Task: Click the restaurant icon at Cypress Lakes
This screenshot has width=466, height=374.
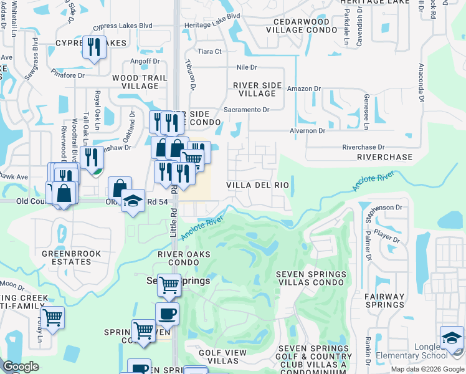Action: [x=95, y=48]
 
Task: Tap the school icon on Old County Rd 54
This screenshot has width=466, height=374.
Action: [x=133, y=201]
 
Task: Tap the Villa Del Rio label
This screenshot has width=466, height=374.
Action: [x=257, y=185]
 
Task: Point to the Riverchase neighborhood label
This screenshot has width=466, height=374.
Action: [x=384, y=158]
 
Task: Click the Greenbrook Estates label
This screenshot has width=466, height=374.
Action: [x=67, y=257]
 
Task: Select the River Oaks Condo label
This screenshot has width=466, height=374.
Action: [x=183, y=258]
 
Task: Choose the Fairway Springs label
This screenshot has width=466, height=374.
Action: [x=384, y=300]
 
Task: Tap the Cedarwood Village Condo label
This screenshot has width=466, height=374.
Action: [x=302, y=26]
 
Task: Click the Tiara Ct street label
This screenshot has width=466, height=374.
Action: [x=209, y=51]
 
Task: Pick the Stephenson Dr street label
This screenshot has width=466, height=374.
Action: [x=381, y=207]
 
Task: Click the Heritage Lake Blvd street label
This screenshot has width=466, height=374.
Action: [x=212, y=33]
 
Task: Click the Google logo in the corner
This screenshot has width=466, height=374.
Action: [x=21, y=367]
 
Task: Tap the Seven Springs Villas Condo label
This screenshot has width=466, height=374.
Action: [x=311, y=278]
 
